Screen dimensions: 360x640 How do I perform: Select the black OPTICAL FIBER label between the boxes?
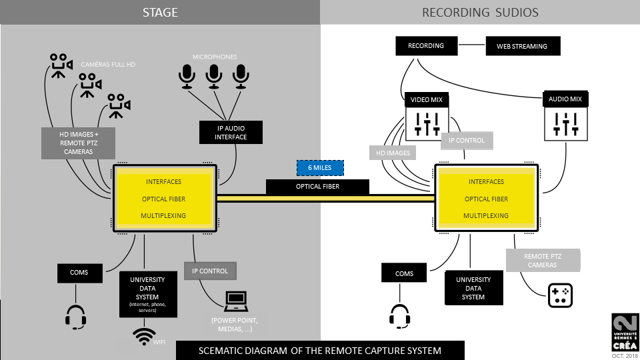(x=317, y=187)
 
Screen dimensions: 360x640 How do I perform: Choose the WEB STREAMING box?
(x=521, y=47)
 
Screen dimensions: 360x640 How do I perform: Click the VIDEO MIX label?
(x=427, y=100)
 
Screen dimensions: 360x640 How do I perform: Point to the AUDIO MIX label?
(x=565, y=99)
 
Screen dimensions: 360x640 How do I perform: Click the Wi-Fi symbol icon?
(x=144, y=335)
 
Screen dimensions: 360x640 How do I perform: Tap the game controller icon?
(x=560, y=295)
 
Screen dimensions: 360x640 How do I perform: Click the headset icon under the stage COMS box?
(x=76, y=317)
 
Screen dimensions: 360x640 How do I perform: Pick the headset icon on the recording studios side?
(x=399, y=317)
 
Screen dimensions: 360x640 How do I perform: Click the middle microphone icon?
(x=213, y=77)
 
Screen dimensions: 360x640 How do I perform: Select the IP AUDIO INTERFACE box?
(x=231, y=132)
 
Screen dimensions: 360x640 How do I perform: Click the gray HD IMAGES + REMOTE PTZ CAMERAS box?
(x=79, y=143)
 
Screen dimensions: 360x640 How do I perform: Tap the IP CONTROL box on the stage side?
(x=210, y=271)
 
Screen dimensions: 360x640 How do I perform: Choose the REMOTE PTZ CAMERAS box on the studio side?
(x=543, y=260)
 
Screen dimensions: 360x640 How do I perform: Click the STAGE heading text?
(x=159, y=12)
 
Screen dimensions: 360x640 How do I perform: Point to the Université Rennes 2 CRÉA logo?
(x=624, y=331)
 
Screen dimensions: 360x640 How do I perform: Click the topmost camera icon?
(x=59, y=65)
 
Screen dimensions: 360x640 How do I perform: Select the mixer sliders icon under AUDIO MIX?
(x=565, y=123)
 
